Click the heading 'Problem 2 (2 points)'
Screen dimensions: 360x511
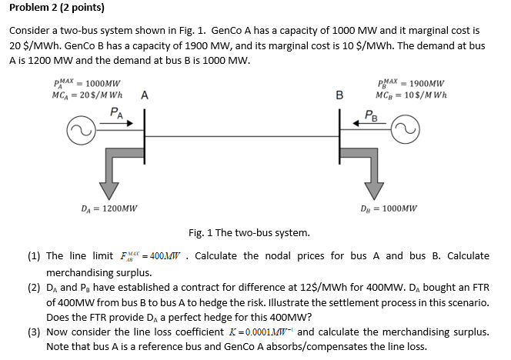point(56,9)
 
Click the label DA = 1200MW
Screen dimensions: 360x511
point(109,208)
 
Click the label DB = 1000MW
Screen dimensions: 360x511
point(389,208)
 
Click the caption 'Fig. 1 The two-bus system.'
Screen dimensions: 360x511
point(249,232)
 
